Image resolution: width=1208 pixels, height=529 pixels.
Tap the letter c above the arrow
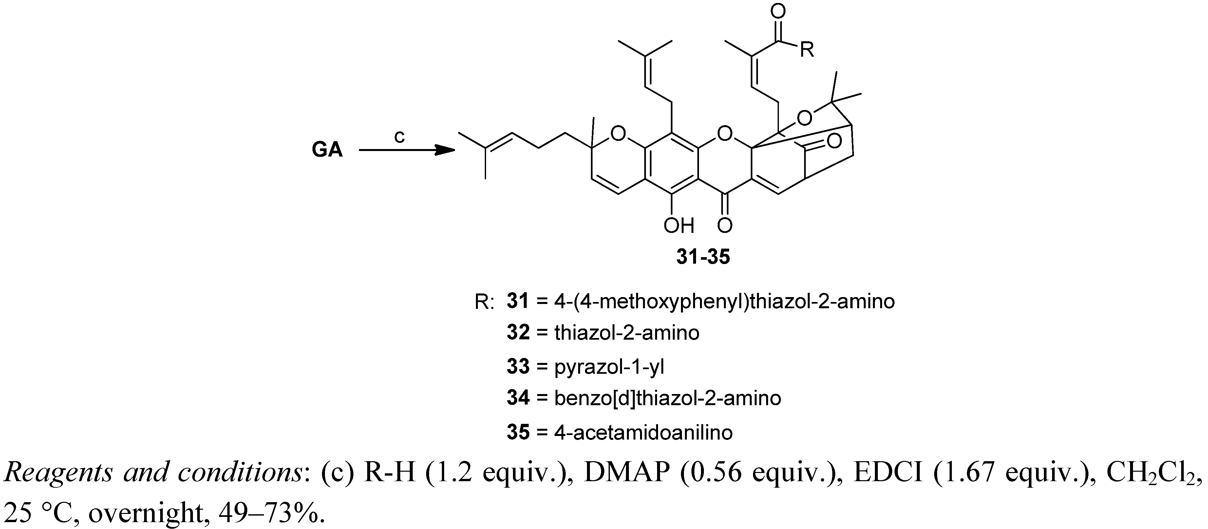(399, 137)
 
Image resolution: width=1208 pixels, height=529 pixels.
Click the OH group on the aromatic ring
(679, 226)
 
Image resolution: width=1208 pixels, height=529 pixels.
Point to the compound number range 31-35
(703, 257)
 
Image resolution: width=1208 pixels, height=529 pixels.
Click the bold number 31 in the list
(518, 301)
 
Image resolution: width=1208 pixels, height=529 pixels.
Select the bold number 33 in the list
(518, 366)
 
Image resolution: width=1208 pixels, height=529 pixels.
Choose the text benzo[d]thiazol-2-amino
(668, 399)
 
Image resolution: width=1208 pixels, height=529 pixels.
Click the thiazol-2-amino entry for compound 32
(627, 333)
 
